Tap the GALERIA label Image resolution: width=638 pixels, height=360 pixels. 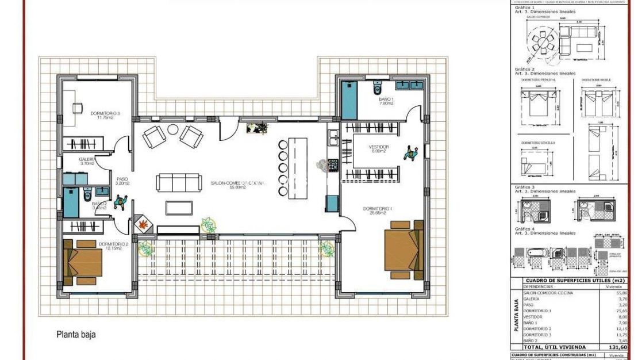tap(87, 160)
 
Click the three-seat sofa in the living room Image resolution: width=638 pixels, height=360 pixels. tap(179, 183)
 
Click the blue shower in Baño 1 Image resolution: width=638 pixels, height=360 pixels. tap(349, 101)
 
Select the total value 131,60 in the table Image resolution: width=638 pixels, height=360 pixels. tap(618, 347)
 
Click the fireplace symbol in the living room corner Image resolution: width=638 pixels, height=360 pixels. tap(143, 224)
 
